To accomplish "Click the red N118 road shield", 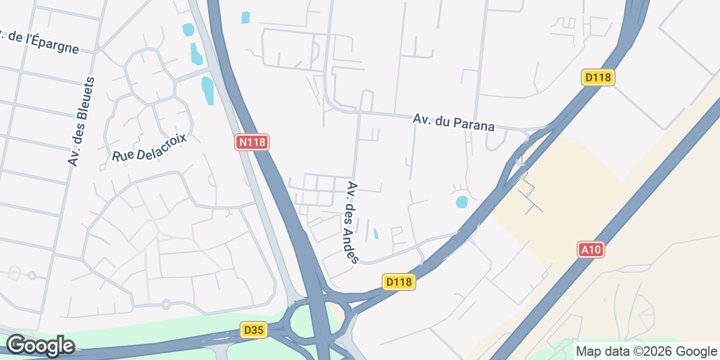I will [252, 142].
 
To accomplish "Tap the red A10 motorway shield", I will [590, 250].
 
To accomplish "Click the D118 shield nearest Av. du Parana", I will [598, 77].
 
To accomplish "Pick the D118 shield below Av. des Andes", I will [399, 282].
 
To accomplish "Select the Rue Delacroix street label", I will [150, 147].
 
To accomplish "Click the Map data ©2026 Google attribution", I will [646, 352].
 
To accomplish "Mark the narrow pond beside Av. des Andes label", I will [376, 233].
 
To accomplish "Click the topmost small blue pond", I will [245, 17].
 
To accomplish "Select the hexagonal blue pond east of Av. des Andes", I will [461, 202].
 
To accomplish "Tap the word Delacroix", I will [162, 144].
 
